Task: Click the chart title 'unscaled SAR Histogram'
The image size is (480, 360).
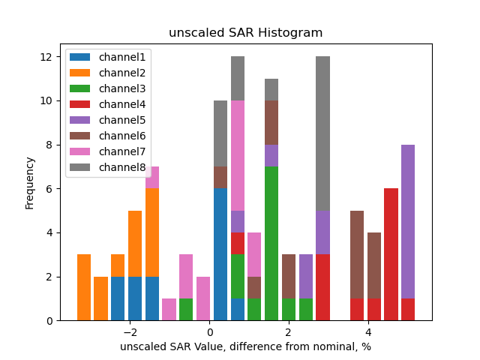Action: pos(245,33)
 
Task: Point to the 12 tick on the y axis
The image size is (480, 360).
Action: pos(45,57)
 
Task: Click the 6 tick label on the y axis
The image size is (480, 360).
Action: pos(48,189)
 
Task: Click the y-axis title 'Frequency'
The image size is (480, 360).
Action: pos(30,182)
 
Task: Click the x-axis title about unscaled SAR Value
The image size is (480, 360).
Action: pos(245,346)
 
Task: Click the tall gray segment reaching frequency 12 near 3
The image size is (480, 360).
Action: pos(323,133)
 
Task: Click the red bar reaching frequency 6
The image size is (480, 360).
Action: pos(391,254)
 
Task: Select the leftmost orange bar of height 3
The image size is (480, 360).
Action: pos(84,287)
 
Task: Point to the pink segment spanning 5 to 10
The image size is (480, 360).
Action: pos(238,155)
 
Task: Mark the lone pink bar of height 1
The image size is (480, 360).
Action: pos(169,310)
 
